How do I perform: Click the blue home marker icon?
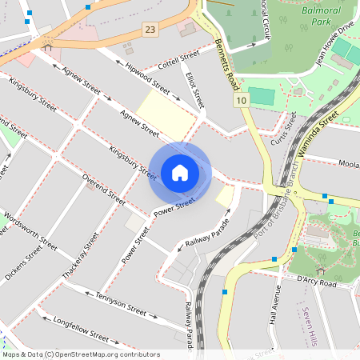click(180, 172)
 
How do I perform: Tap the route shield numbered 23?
click(150, 30)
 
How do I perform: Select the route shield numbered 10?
click(242, 100)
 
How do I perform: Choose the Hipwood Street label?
click(147, 77)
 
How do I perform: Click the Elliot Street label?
click(195, 91)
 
